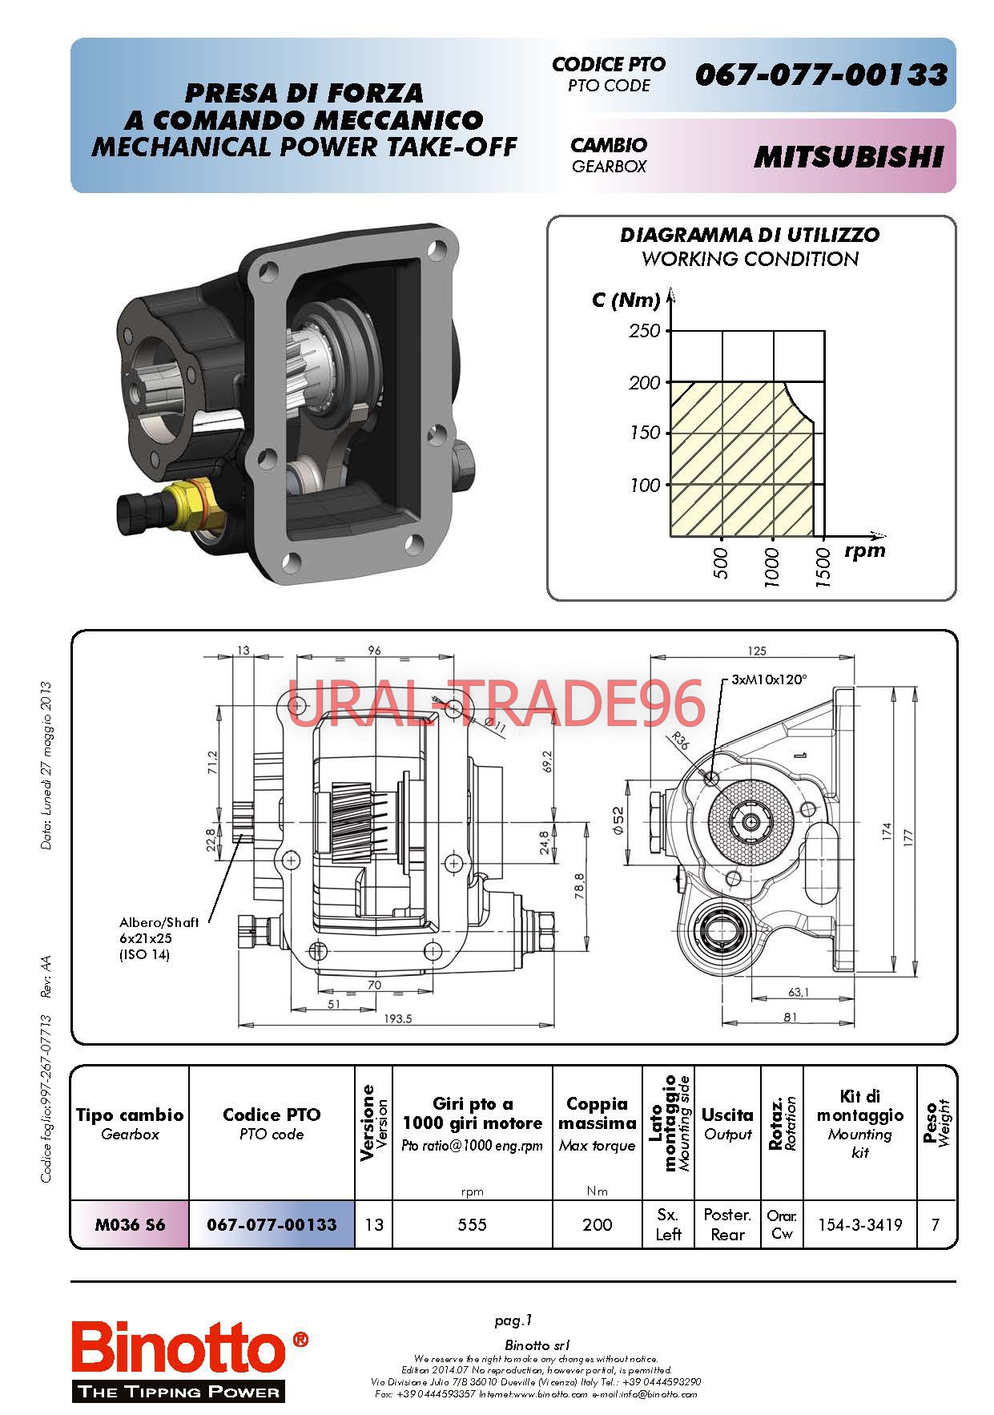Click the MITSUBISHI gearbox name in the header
(x=848, y=157)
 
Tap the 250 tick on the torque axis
(x=645, y=331)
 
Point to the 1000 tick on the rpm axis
(x=772, y=567)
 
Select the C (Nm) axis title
(x=626, y=300)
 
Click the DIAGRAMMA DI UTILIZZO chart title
(x=750, y=235)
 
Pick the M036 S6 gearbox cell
(x=130, y=1224)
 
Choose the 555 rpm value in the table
(x=472, y=1224)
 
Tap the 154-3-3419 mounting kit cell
(x=859, y=1224)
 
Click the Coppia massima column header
(x=597, y=1114)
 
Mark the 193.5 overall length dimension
(x=398, y=1019)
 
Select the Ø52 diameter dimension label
(x=618, y=820)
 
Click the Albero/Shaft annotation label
(x=159, y=921)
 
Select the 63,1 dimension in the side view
(x=799, y=992)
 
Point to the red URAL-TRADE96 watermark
(x=497, y=703)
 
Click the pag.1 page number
(x=513, y=1320)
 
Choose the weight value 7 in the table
(x=935, y=1224)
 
